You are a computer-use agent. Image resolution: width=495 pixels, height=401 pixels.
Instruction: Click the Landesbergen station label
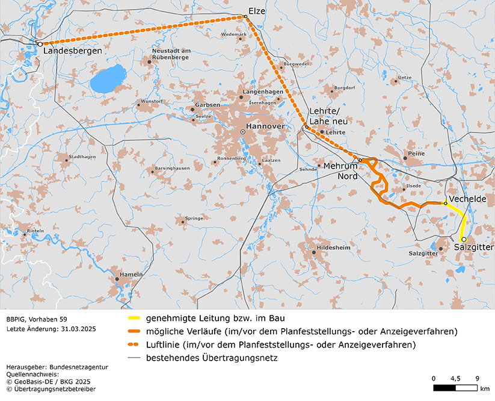point(73,52)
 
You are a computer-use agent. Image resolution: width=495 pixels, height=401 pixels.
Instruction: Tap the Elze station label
point(256,10)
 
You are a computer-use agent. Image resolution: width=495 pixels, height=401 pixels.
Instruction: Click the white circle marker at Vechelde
point(445,204)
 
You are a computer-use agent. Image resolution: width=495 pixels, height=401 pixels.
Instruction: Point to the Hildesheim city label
point(333,247)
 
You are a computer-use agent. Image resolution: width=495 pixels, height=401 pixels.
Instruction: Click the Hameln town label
point(131,274)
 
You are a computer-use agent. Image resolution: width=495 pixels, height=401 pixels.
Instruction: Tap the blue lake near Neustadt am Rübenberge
point(107,78)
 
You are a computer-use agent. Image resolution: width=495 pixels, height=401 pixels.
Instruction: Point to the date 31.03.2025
point(75,329)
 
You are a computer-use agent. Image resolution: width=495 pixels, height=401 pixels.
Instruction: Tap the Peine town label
point(416,154)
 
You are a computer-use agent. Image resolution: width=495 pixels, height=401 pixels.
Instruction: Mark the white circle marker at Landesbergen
point(40,44)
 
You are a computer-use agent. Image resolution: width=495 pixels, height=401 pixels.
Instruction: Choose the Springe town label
point(195,218)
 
